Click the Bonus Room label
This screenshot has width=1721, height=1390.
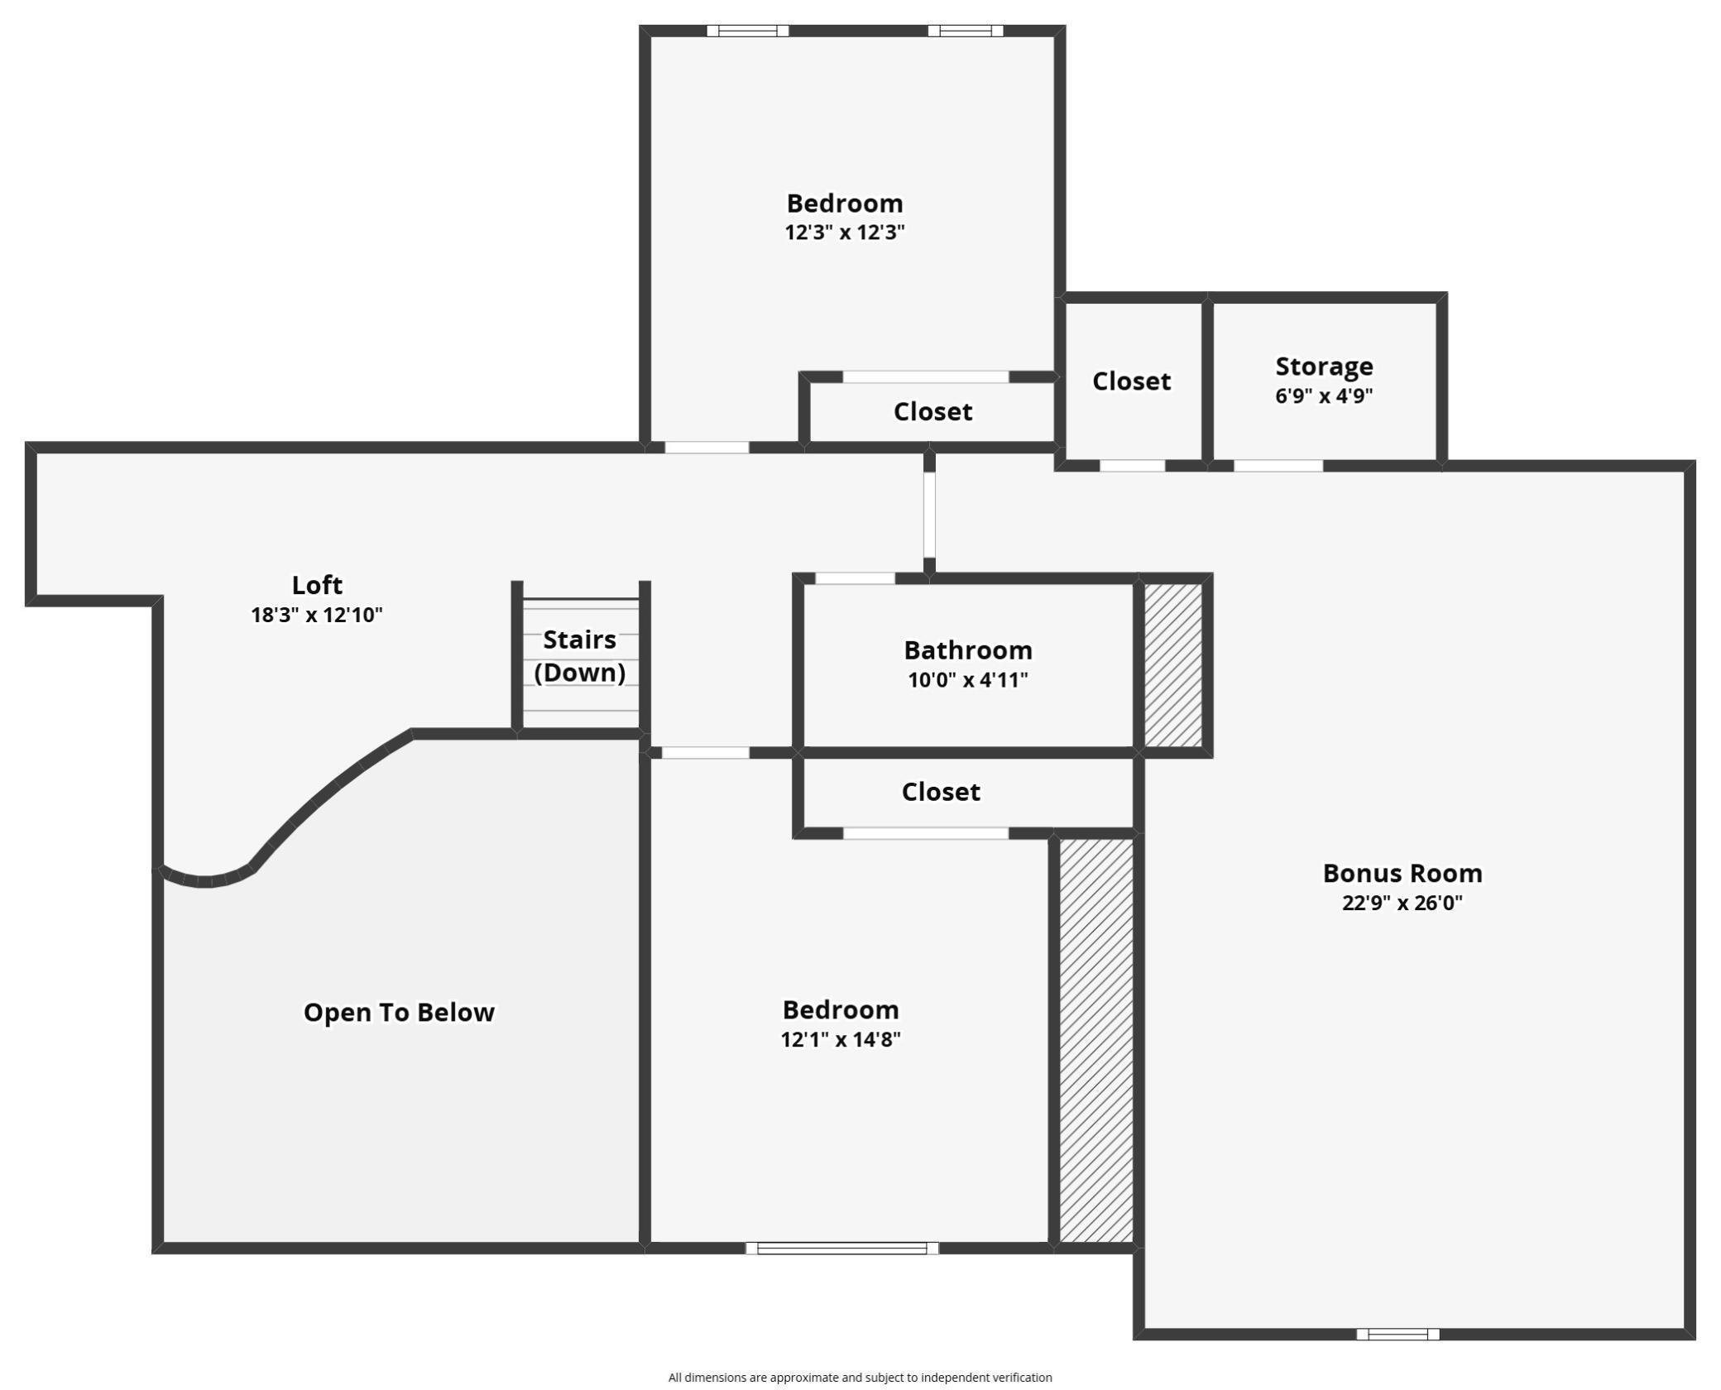tap(1402, 873)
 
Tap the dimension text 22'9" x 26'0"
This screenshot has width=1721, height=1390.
tap(1402, 903)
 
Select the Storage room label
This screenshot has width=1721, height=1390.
tap(1324, 366)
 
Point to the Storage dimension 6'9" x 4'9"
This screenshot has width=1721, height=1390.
tap(1324, 395)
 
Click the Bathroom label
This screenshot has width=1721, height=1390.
tap(967, 650)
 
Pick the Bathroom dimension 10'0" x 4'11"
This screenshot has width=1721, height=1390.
tap(967, 680)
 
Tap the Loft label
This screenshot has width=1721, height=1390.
tap(317, 585)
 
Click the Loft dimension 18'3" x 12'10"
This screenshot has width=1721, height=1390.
tap(317, 615)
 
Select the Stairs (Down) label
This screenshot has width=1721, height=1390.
tap(579, 655)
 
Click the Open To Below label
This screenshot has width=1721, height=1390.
tap(399, 1012)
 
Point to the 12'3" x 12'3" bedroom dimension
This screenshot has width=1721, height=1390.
tap(844, 232)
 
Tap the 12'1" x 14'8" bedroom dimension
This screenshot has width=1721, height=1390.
tap(840, 1039)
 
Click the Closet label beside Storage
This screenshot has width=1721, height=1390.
tap(1131, 381)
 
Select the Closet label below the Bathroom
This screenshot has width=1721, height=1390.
tap(941, 792)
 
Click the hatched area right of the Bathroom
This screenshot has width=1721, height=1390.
tap(1173, 665)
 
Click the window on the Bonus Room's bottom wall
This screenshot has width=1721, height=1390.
tap(1397, 1334)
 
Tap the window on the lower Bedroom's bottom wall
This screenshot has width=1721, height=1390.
tap(841, 1248)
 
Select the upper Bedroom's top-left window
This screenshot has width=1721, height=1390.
tap(747, 31)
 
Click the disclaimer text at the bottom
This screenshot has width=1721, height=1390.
tap(860, 1378)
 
